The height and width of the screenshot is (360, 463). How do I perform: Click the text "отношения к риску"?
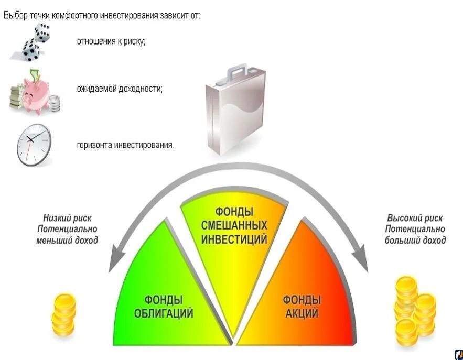tap(111, 41)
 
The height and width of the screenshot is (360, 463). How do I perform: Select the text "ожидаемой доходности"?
tap(120, 89)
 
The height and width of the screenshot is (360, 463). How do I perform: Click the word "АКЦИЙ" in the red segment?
tap(302, 313)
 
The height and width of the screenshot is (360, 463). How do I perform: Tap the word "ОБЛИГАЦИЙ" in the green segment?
tap(164, 313)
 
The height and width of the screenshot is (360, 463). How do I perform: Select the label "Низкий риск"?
tap(67, 218)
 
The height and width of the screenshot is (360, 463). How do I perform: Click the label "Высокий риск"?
tap(415, 218)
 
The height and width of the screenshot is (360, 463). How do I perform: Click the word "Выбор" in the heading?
tap(14, 15)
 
